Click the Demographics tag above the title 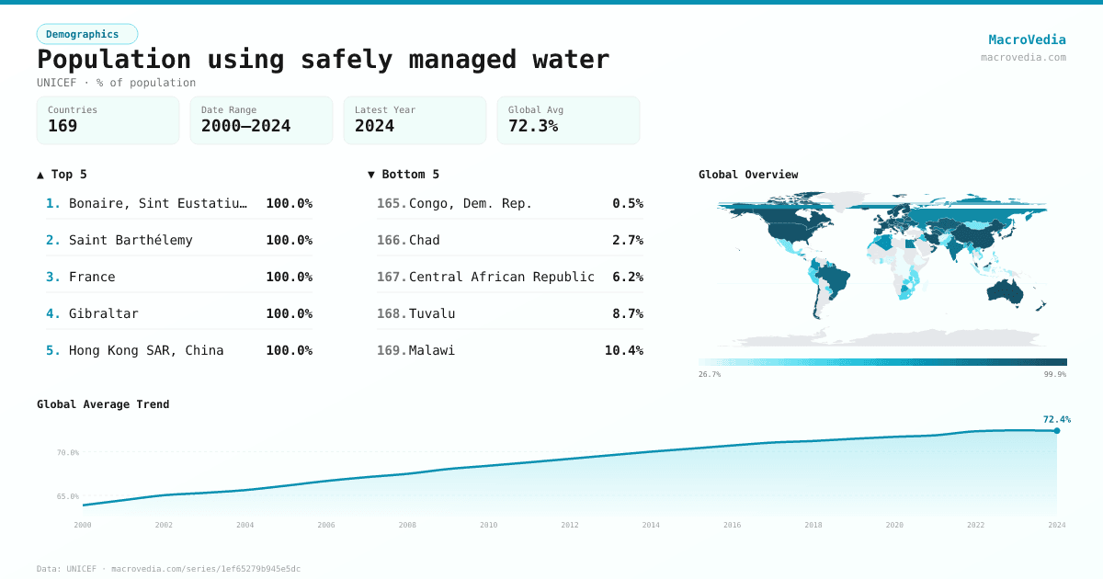[87, 34]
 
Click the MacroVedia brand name [1027, 40]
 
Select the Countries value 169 [63, 126]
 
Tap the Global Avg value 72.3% [533, 126]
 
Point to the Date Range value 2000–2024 [245, 126]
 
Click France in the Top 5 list [92, 277]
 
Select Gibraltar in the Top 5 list [104, 313]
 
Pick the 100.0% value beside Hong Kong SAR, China [289, 350]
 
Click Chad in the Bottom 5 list [425, 240]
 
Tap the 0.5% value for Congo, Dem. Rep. [628, 203]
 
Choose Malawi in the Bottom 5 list [432, 350]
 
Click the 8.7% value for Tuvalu [628, 313]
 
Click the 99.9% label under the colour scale [1055, 374]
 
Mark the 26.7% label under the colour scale [710, 374]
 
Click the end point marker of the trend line [1057, 430]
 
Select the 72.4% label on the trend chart [1056, 419]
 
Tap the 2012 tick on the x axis [570, 525]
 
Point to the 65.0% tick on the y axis [68, 496]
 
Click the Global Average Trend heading [103, 404]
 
